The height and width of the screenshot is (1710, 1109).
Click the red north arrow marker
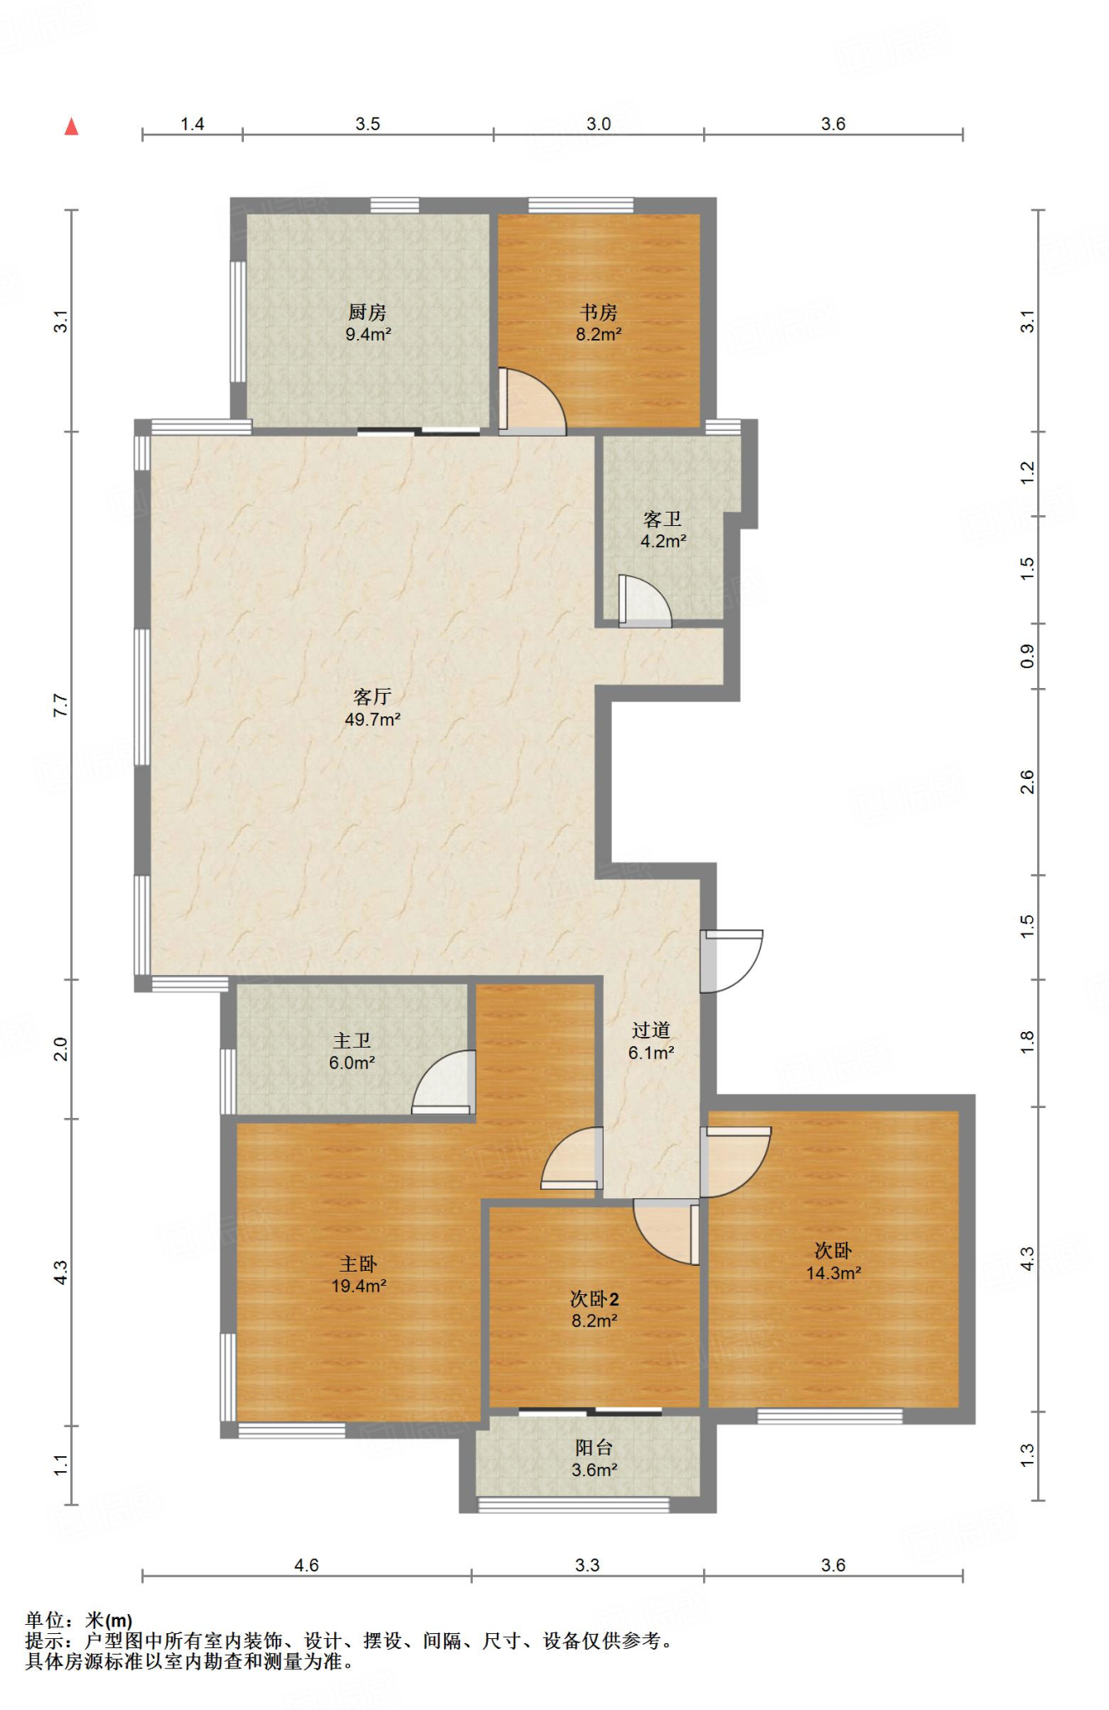click(x=72, y=126)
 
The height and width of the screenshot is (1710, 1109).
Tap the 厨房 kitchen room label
click(x=367, y=312)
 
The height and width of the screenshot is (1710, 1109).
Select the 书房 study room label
click(x=599, y=312)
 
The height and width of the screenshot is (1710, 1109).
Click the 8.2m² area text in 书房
click(x=599, y=334)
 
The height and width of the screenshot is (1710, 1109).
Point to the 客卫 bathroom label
click(x=662, y=519)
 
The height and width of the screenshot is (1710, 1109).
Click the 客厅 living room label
click(x=372, y=696)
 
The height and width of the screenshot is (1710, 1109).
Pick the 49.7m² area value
click(x=372, y=719)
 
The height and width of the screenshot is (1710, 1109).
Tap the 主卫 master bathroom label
click(x=352, y=1040)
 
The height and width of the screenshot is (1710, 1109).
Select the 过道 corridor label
click(x=651, y=1030)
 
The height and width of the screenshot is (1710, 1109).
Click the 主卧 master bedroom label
click(x=358, y=1264)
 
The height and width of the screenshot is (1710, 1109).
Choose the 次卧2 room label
click(x=595, y=1299)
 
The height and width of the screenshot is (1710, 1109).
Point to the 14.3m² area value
click(x=833, y=1273)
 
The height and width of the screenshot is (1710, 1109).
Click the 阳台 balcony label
click(x=594, y=1448)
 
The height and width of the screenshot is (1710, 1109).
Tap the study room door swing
click(x=532, y=402)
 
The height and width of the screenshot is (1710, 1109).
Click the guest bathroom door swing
click(x=645, y=600)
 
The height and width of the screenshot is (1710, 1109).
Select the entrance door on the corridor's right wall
click(x=732, y=961)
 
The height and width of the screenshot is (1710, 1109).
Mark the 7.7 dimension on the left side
click(x=60, y=706)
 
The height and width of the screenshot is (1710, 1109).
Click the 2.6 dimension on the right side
click(x=1027, y=782)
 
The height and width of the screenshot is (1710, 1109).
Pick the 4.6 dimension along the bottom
click(x=306, y=1566)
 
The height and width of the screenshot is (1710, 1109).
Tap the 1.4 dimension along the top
click(x=192, y=124)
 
